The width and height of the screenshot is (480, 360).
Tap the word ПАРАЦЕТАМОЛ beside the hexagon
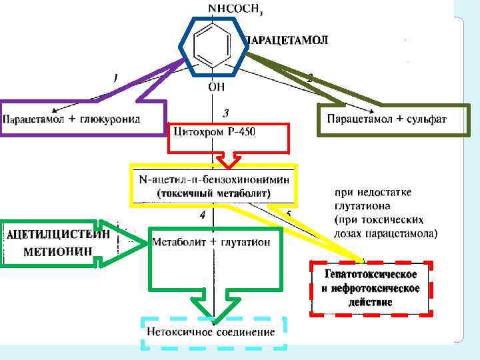pos(287,41)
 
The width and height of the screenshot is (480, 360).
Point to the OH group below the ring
pos(216,87)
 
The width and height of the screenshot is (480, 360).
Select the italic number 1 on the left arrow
pos(115,79)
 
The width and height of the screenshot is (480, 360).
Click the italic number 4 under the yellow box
pos(202,216)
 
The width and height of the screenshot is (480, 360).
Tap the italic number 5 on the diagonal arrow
pos(289,214)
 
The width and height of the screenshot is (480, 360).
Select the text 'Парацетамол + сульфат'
pos(387,119)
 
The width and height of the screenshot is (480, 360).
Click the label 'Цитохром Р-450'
pos(214,131)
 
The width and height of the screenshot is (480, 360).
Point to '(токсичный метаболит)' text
pos(214,193)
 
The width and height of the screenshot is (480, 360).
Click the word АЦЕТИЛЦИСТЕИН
pos(58,234)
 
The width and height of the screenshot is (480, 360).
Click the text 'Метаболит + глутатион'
pos(211,242)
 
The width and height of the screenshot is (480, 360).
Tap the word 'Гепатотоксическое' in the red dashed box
pos(371,275)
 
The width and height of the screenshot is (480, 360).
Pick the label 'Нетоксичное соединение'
pos(211,331)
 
